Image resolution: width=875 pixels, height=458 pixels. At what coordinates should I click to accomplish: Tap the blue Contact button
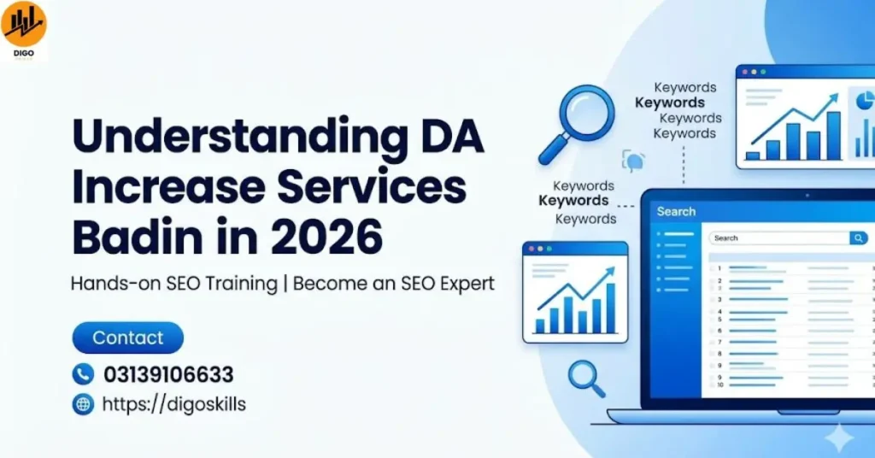[x=127, y=338]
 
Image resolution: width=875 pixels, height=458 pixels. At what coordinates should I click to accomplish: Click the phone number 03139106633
[x=168, y=374]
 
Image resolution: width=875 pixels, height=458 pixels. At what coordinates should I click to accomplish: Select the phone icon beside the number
[x=83, y=374]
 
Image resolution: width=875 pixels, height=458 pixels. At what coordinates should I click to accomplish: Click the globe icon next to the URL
[x=83, y=404]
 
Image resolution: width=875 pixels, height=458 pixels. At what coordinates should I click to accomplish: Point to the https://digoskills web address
[x=173, y=404]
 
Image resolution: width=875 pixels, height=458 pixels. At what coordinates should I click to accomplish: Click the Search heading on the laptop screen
[x=676, y=211]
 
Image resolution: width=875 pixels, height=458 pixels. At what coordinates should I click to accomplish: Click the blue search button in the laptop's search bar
[x=858, y=238]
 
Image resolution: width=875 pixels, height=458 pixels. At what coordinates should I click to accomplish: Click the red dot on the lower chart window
[x=531, y=249]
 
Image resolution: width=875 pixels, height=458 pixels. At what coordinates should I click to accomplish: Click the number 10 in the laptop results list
[x=720, y=385]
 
